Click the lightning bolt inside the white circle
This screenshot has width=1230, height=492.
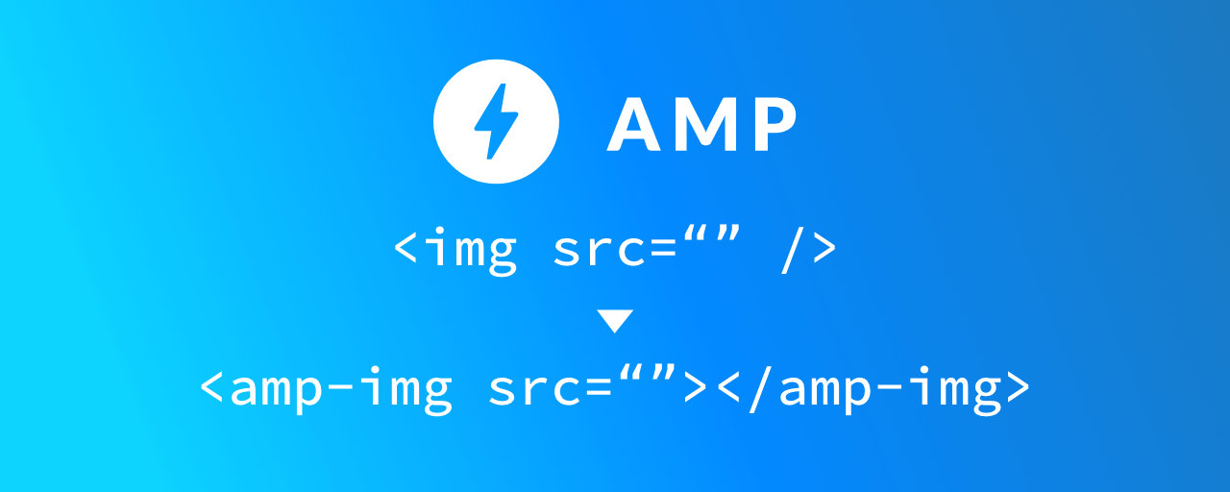point(496,122)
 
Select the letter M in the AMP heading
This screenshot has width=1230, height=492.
point(706,125)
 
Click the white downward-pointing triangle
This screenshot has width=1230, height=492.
point(615,321)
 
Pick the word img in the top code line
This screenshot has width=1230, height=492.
point(470,249)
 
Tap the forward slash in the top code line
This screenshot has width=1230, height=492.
point(791,249)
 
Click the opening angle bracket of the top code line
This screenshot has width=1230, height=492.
point(406,249)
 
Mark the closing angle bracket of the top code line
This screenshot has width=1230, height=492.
point(824,249)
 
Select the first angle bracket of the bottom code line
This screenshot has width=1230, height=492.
point(213,387)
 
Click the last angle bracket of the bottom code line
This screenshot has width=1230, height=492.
point(1016,387)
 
